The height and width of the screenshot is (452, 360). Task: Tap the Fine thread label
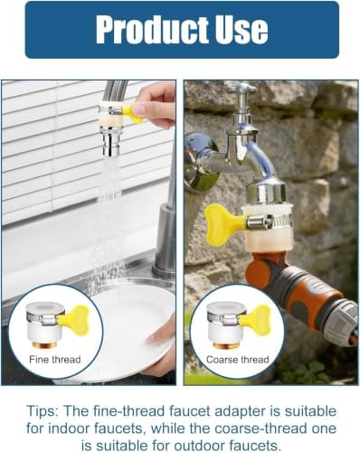(x=55, y=360)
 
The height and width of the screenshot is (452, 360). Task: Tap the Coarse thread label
(x=238, y=360)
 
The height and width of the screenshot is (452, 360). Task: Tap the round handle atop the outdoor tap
(x=242, y=89)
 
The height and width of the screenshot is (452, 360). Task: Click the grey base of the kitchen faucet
(x=165, y=241)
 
